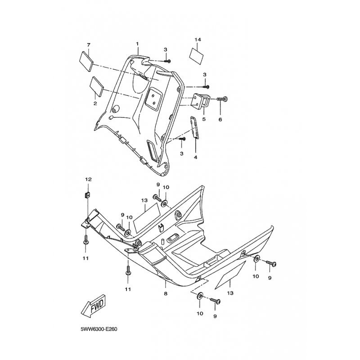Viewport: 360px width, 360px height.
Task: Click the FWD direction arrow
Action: [x=93, y=306]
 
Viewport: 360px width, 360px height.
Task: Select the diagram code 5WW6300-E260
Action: [x=99, y=329]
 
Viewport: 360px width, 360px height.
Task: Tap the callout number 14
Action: [x=198, y=40]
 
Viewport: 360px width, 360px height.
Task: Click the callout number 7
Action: [x=88, y=45]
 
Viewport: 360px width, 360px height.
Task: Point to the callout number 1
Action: [x=137, y=43]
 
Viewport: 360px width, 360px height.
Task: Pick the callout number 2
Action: [x=95, y=103]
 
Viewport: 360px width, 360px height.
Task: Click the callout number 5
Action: [x=204, y=119]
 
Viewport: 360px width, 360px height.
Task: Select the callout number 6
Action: [x=220, y=119]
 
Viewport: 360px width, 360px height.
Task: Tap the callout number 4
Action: [x=196, y=157]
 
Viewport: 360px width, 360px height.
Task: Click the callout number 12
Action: [x=88, y=179]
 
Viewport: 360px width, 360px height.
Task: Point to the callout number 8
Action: [x=166, y=293]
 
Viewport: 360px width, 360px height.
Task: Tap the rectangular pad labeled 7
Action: [x=86, y=62]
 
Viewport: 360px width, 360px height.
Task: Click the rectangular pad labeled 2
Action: [x=97, y=86]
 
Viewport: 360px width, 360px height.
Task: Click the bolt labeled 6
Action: [x=222, y=99]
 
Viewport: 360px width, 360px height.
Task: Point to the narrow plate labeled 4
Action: [x=194, y=127]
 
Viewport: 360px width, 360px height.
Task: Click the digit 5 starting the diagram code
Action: [x=82, y=329]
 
